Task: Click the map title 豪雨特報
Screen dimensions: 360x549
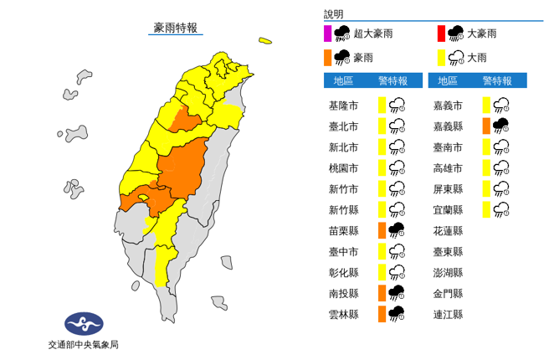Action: point(176,28)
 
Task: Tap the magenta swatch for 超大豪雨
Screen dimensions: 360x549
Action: point(328,34)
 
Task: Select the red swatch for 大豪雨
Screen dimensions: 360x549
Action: point(440,34)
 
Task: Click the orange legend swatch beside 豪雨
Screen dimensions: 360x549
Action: point(328,58)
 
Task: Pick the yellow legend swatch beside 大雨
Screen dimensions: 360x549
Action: point(440,58)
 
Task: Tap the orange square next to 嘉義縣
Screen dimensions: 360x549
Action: point(486,126)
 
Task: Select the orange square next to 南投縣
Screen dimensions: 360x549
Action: point(382,293)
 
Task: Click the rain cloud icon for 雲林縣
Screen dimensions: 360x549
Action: point(398,314)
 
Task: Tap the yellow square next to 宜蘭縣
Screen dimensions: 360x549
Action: point(486,209)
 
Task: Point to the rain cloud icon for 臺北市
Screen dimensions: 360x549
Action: point(398,126)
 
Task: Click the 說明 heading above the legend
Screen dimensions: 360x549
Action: point(334,15)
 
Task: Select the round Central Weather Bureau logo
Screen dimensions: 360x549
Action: point(84,323)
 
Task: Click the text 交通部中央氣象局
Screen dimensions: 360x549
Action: point(84,344)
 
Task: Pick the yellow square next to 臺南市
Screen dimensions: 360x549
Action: point(486,147)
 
